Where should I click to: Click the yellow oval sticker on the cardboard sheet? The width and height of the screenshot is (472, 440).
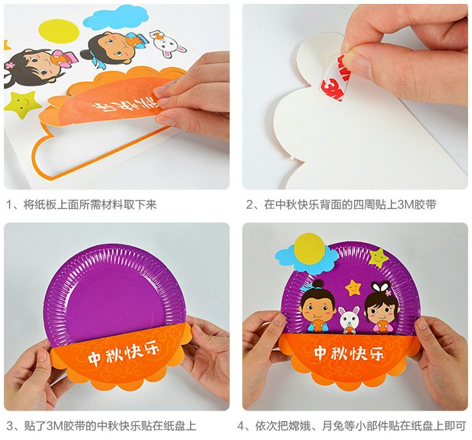[59, 31]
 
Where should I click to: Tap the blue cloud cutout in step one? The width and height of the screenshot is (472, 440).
[116, 20]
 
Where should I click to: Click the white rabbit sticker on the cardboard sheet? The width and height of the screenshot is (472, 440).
[168, 44]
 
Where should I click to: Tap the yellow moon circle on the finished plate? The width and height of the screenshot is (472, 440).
[311, 249]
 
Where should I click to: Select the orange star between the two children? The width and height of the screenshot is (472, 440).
[354, 288]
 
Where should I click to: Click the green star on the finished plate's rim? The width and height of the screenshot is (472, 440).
[378, 258]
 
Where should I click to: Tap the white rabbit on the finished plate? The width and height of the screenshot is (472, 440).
[349, 320]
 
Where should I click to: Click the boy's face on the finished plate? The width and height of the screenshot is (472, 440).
[316, 309]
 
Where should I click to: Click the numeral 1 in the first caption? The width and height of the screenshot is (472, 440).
[8, 205]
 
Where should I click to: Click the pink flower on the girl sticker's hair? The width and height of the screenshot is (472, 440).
[10, 64]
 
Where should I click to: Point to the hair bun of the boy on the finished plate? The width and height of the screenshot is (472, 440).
[316, 284]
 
